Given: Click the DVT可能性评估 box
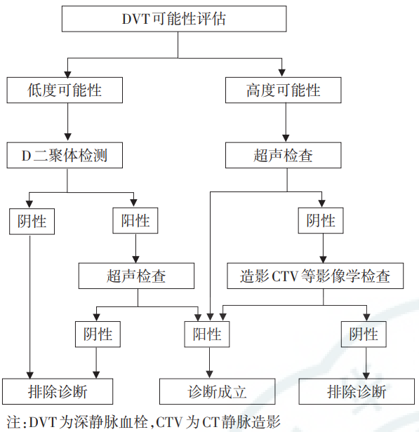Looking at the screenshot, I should click(174, 19).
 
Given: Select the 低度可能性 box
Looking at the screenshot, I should click(65, 90).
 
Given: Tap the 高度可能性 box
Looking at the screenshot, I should click(284, 90).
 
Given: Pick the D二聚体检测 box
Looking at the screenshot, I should click(65, 155).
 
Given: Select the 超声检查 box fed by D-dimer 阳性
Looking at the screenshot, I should click(137, 276).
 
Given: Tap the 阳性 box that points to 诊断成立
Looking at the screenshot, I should click(207, 334).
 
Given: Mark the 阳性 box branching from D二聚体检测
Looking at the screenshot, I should click(135, 221).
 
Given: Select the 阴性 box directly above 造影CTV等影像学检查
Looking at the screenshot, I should click(321, 221).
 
